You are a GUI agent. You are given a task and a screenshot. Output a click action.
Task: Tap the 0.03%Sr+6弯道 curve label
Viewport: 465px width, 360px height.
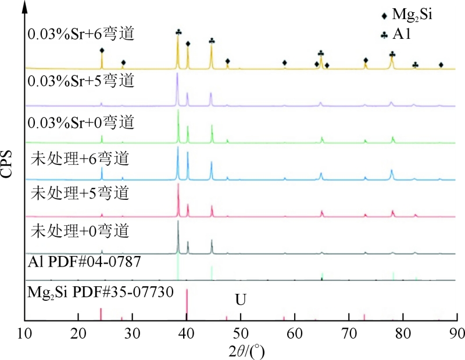pos(81,34)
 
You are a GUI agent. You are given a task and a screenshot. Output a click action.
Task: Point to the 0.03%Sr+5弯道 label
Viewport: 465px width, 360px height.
pos(81,81)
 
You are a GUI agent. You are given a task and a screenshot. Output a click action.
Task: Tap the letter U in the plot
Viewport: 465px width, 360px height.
pos(240,301)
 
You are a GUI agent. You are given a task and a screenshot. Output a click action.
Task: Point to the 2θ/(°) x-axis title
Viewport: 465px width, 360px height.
pos(239,349)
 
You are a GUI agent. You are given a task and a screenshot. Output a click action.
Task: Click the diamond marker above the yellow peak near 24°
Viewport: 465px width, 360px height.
pos(102,51)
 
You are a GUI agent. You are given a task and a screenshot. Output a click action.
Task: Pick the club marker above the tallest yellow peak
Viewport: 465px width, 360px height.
pos(178,32)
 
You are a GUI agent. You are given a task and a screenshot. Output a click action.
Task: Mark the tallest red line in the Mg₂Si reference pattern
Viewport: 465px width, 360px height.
pos(187,305)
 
